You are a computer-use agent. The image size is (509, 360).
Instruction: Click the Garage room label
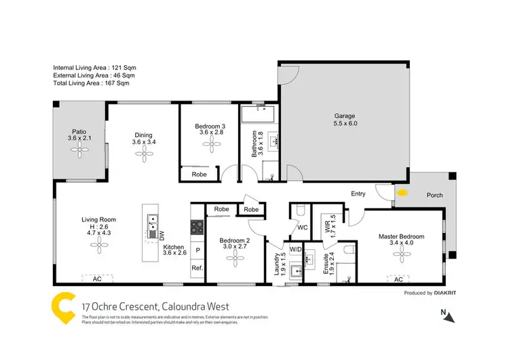click(x=344, y=116)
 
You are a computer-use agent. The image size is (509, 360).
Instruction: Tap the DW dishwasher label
click(x=162, y=236)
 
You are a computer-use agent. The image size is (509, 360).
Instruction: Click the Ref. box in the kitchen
click(x=198, y=268)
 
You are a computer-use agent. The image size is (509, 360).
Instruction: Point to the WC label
click(x=302, y=228)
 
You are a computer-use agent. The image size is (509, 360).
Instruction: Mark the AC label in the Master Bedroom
click(x=399, y=279)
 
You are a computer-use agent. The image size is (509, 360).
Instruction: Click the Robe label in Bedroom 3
click(x=199, y=175)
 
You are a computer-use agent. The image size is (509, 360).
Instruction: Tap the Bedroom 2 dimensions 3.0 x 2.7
click(x=234, y=247)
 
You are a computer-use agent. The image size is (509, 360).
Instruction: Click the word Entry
click(x=358, y=194)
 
